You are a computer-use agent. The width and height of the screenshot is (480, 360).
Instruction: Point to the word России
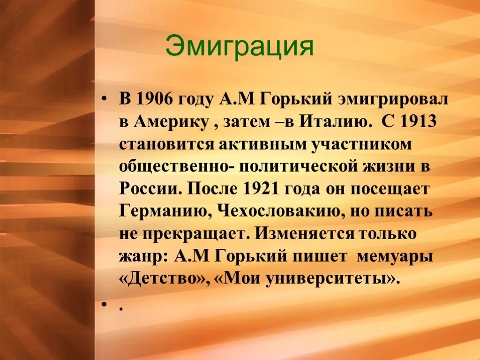point(149,189)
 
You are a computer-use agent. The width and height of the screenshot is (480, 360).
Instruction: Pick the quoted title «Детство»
point(164,278)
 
